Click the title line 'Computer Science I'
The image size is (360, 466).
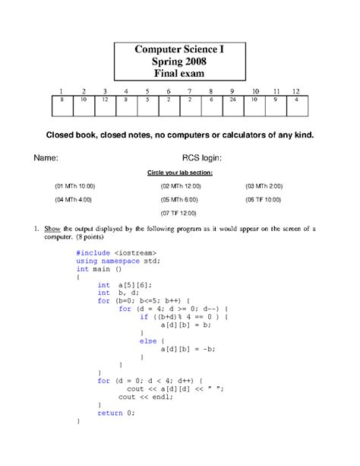pos(179,49)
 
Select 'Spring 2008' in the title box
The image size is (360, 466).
pos(179,62)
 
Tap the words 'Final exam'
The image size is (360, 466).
pos(179,74)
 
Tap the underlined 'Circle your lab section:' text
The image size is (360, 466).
pos(179,173)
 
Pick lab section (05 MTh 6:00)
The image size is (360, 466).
pos(179,200)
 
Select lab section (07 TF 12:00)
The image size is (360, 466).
pos(179,214)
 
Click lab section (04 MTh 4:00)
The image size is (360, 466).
pos(73,200)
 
